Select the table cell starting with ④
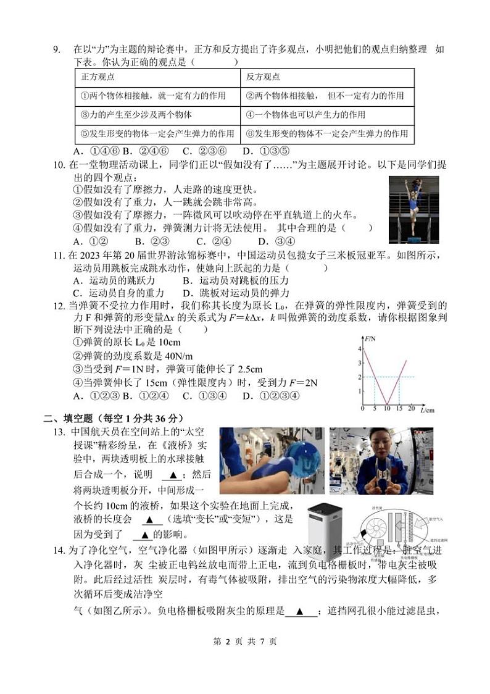[305, 115]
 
